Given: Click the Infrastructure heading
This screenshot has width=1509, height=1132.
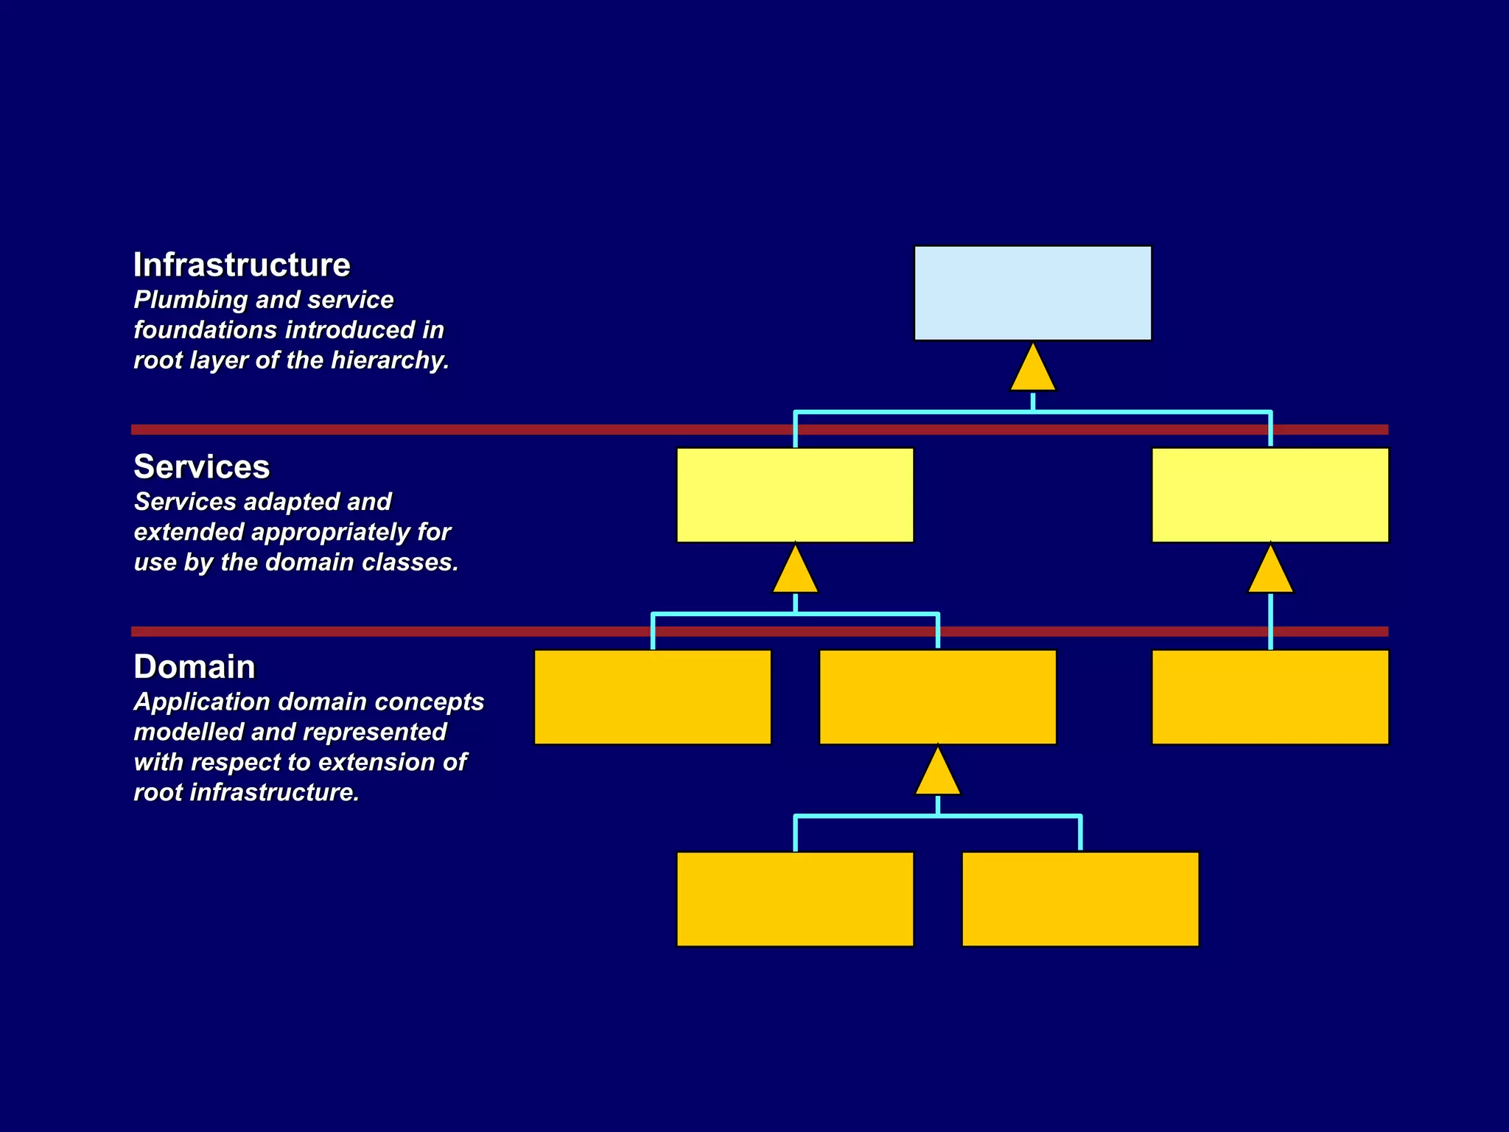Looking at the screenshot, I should coord(242,265).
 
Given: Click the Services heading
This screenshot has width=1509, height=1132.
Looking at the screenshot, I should coord(202,467).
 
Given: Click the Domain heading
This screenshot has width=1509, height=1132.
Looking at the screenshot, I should coord(195,667).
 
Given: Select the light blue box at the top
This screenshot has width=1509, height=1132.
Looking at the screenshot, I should coord(1032,293).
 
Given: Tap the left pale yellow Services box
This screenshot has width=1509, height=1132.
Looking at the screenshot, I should coord(795,495).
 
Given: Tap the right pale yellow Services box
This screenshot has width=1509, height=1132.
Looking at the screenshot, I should coord(1270,495).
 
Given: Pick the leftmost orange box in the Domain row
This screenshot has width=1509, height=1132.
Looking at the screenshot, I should coord(652,697).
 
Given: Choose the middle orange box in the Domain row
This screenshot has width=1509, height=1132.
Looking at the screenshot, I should coord(937,697).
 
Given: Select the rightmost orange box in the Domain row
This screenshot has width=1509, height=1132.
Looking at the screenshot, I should coord(1270,697).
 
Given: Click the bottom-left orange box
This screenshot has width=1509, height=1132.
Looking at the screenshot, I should coord(795,899).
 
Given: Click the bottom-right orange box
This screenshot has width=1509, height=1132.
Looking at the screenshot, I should coord(1080,899).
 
